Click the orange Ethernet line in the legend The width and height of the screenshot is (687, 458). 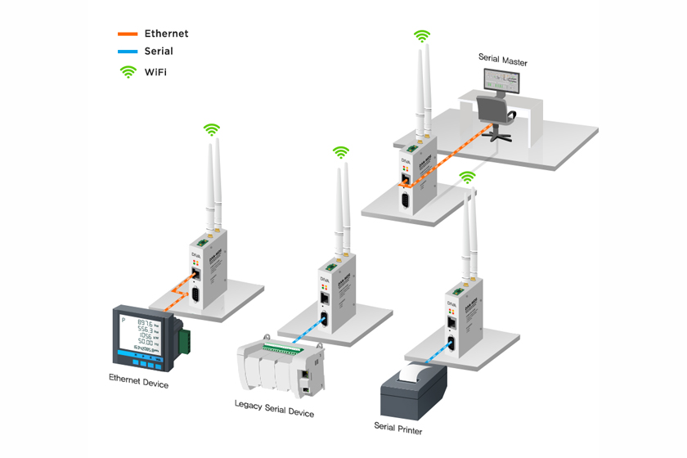coord(128,34)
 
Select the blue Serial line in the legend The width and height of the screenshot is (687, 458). coord(128,52)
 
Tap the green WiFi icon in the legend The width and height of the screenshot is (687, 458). coord(128,72)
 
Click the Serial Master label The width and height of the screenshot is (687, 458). coord(502,61)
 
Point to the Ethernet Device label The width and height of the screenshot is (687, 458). coord(138,380)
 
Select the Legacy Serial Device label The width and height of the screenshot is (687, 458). coord(274,408)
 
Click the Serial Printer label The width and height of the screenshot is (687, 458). coord(398,427)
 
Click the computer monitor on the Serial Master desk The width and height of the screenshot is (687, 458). coord(501,79)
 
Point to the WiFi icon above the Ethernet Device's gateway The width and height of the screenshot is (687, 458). coord(212,129)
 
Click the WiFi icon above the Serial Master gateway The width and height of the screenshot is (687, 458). coord(421,36)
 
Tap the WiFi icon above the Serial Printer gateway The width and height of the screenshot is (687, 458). coord(467,177)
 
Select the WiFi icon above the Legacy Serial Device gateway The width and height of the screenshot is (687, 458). coord(341,152)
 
